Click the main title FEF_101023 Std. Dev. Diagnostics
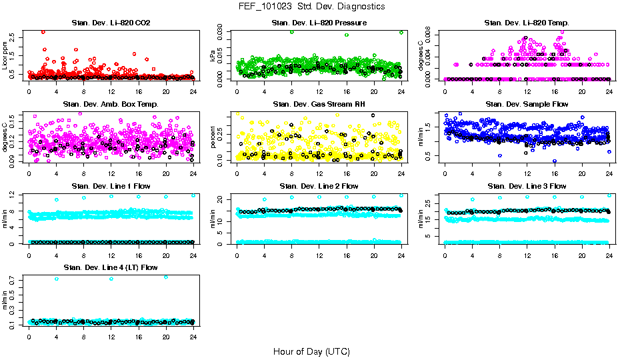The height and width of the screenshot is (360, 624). (x=311, y=6)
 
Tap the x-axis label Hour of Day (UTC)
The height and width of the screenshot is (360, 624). (x=311, y=351)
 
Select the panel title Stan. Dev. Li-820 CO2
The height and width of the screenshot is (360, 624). (x=111, y=23)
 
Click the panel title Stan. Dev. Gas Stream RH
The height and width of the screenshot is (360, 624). (x=319, y=105)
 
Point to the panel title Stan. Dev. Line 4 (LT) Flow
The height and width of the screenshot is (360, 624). (x=111, y=267)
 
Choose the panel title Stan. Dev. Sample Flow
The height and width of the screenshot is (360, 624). (x=527, y=105)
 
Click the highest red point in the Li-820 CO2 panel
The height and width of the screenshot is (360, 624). (x=43, y=31)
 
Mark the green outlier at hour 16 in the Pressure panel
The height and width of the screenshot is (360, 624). (x=347, y=35)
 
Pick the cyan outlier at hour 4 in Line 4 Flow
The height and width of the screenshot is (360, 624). (x=57, y=279)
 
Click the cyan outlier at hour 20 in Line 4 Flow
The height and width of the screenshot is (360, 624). (x=166, y=277)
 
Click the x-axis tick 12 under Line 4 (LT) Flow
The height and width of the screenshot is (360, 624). (x=111, y=336)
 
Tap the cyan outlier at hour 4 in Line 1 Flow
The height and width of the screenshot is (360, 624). (x=57, y=199)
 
